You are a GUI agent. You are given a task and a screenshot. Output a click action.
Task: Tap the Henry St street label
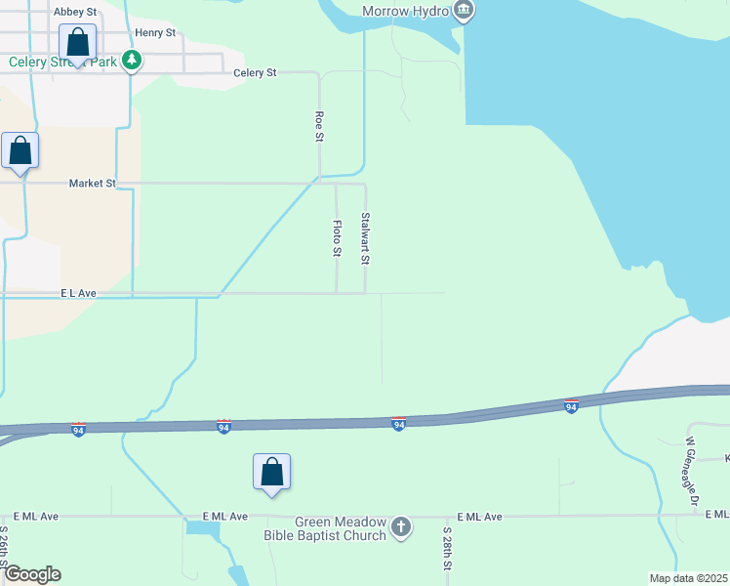(x=155, y=32)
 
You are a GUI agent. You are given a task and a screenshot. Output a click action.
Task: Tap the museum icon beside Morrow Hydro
(x=463, y=11)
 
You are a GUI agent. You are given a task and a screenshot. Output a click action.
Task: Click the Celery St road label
(x=256, y=73)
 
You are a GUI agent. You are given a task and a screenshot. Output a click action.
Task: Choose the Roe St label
(x=319, y=126)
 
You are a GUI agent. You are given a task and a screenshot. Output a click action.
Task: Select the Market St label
(x=93, y=183)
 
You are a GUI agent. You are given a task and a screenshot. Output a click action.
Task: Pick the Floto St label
(x=337, y=238)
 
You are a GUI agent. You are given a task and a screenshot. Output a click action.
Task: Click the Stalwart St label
(x=365, y=238)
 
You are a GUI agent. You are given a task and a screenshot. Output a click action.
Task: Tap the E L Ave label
(x=78, y=293)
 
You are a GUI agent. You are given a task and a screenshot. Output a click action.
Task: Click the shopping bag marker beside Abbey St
(x=78, y=44)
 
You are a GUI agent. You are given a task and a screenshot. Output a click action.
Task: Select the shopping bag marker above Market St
(x=20, y=151)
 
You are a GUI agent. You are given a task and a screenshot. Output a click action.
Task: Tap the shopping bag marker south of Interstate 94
(x=272, y=473)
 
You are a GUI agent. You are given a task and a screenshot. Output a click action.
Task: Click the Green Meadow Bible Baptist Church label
(x=326, y=528)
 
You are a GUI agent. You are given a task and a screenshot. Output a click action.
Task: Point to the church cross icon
(x=400, y=528)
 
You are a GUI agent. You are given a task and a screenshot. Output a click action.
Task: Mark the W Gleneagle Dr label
(x=692, y=472)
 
